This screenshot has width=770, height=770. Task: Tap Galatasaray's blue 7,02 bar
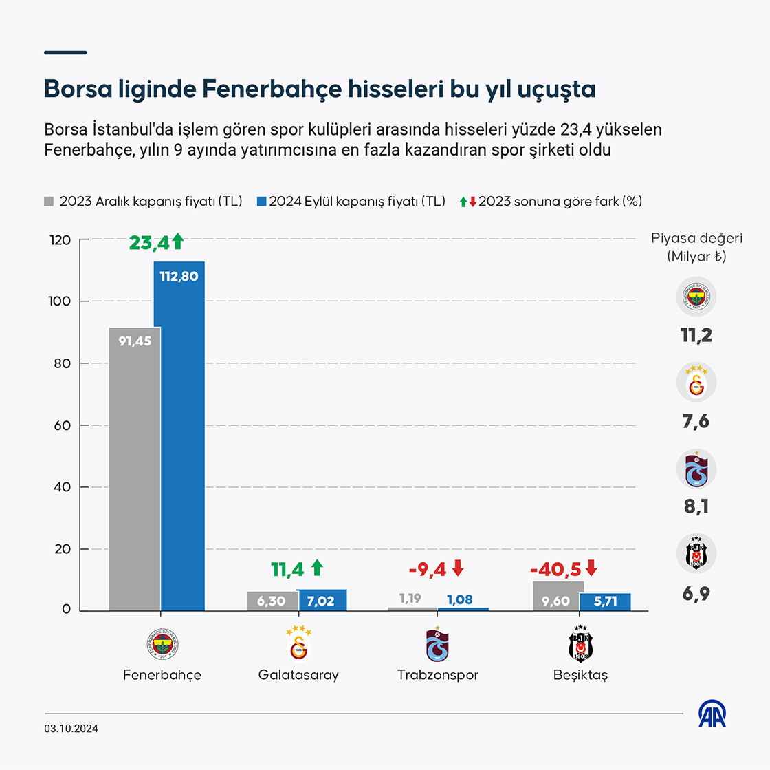[322, 600]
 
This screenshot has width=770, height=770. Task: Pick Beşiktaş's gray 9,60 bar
[558, 596]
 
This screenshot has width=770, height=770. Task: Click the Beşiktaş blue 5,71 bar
[605, 602]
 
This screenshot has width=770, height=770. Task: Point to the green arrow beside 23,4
[177, 242]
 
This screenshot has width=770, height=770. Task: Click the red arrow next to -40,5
[591, 569]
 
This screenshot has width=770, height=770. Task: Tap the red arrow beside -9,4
[458, 568]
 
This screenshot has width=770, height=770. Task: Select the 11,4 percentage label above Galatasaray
[287, 569]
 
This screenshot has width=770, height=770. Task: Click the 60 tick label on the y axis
[63, 425]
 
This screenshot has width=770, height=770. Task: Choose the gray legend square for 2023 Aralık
[49, 202]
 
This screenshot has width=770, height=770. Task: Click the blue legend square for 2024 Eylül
[261, 202]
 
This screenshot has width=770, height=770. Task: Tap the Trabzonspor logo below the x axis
[437, 645]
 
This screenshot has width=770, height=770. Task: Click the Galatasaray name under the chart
[298, 675]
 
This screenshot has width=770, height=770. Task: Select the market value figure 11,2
[696, 335]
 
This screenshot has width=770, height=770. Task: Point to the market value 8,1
[696, 507]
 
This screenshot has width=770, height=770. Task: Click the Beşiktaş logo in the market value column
[696, 553]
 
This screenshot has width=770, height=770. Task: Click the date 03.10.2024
[71, 729]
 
